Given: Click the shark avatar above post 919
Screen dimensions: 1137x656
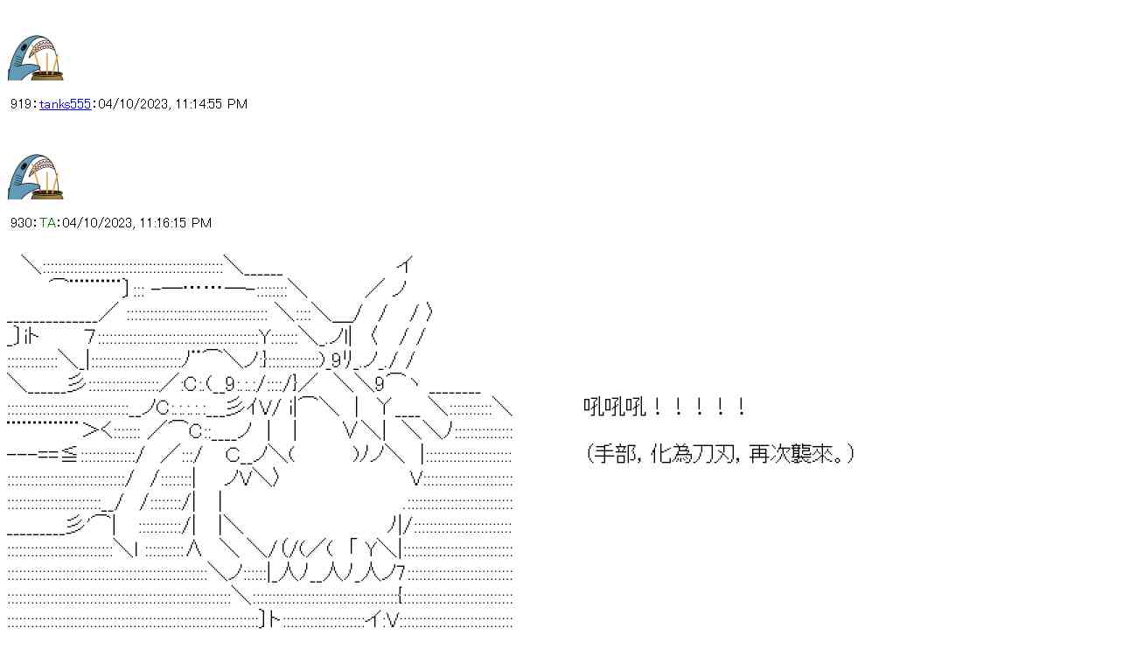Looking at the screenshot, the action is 36,58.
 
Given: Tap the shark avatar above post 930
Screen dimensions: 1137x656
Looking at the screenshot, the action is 36,177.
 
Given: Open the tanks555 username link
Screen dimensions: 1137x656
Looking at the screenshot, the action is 65,104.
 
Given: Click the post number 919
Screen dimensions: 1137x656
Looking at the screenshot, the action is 21,104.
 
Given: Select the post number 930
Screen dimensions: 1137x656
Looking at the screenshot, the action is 21,223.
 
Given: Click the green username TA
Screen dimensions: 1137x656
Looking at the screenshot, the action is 47,223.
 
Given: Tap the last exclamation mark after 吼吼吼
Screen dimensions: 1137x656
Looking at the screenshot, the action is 742,407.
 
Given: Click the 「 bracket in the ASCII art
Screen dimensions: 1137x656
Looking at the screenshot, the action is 352,548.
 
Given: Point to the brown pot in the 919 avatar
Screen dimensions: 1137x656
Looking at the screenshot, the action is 48,71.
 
